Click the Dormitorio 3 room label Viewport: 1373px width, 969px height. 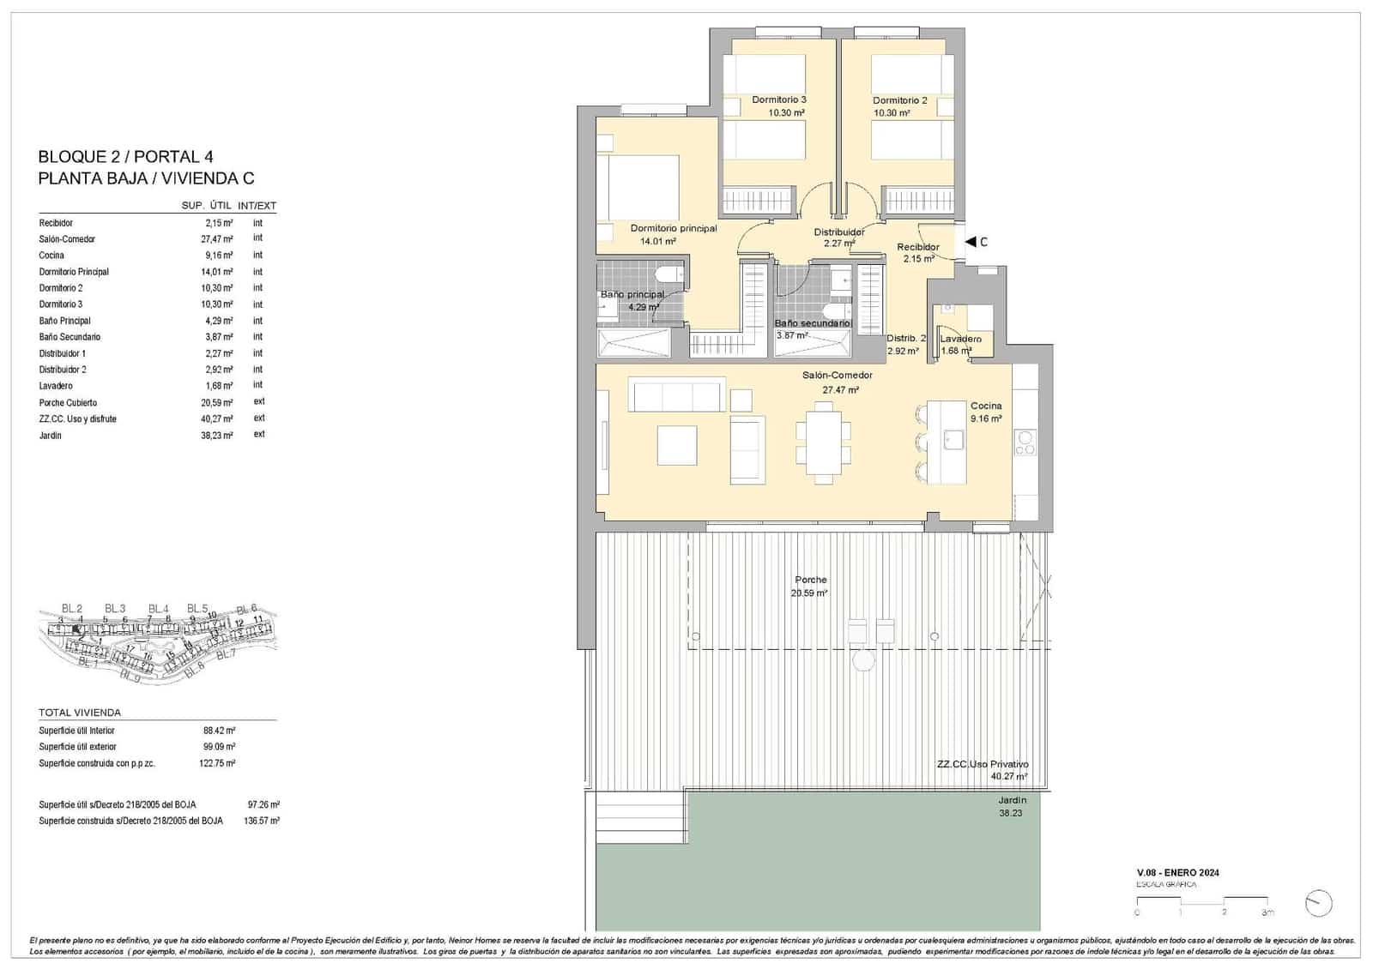pyautogui.click(x=778, y=99)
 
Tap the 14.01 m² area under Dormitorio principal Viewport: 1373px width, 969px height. pyautogui.click(x=657, y=242)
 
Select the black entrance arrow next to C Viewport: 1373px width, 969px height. pyautogui.click(x=970, y=242)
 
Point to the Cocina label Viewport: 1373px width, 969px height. pyautogui.click(x=986, y=406)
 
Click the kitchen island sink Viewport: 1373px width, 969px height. pyautogui.click(x=953, y=440)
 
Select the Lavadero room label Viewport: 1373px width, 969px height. pyautogui.click(x=960, y=339)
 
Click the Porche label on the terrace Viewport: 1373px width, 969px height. pyautogui.click(x=810, y=581)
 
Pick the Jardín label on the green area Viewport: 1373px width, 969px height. pyautogui.click(x=1012, y=800)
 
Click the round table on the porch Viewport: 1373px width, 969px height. pyautogui.click(x=863, y=660)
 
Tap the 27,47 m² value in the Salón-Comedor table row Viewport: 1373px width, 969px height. pyautogui.click(x=216, y=239)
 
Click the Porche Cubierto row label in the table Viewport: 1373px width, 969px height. pyautogui.click(x=68, y=402)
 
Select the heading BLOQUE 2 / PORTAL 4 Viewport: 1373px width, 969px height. pyautogui.click(x=125, y=157)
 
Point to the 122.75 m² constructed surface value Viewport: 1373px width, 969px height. pyautogui.click(x=219, y=762)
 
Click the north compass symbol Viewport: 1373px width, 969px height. pyautogui.click(x=1317, y=903)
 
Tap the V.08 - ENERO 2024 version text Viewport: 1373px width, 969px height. pyautogui.click(x=1177, y=873)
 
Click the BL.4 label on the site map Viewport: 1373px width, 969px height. pyautogui.click(x=158, y=609)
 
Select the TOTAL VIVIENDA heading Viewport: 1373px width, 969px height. pyautogui.click(x=80, y=713)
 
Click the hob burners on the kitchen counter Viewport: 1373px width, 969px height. pyautogui.click(x=1025, y=442)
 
